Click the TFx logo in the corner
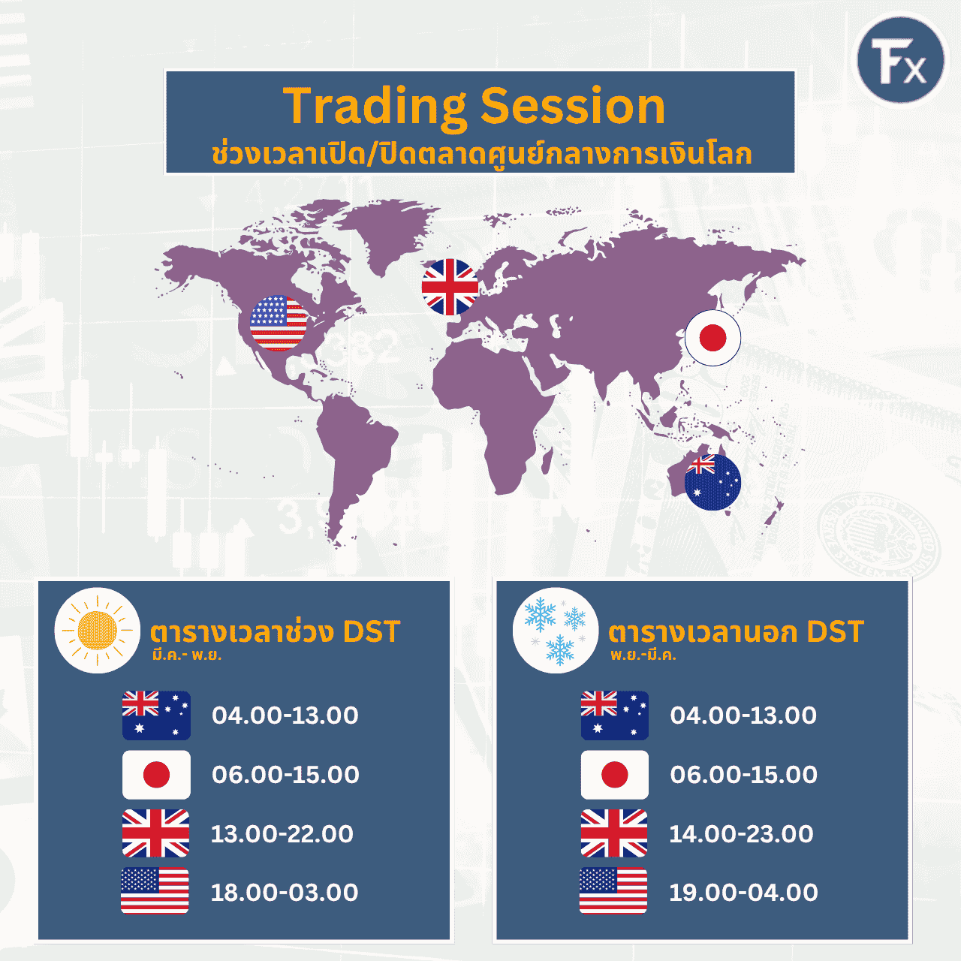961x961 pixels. [901, 60]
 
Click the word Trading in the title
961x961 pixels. [374, 107]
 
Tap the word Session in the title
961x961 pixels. [573, 106]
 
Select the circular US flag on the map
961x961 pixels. [279, 323]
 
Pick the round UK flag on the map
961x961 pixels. [450, 287]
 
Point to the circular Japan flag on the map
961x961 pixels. [712, 338]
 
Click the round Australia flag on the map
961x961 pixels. [712, 482]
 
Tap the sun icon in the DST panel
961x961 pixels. [98, 631]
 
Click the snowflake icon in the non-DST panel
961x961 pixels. [556, 631]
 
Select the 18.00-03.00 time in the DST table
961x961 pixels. [285, 893]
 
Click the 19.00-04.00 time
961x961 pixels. [743, 893]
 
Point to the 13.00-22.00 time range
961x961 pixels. [282, 834]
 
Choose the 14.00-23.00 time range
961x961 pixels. [741, 834]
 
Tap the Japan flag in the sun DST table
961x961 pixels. [156, 775]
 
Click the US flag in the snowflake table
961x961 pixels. [613, 890]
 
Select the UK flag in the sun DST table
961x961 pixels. [155, 833]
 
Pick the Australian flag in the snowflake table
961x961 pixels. [614, 715]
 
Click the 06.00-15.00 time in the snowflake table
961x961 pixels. [743, 775]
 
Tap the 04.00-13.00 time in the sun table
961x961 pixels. [285, 715]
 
